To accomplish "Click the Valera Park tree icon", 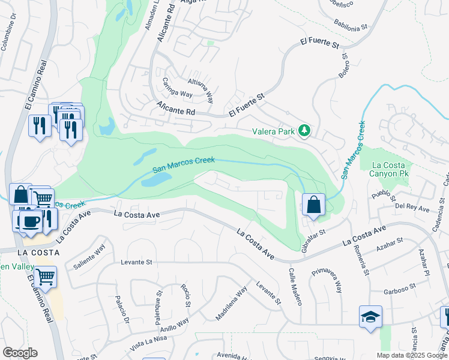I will [x=305, y=130].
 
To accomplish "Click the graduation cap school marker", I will [x=370, y=316].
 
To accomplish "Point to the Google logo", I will [x=20, y=353].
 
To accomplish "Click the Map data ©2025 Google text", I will [x=412, y=355].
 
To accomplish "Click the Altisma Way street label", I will [x=200, y=88].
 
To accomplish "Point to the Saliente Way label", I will [x=89, y=257].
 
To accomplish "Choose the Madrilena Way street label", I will [x=231, y=304].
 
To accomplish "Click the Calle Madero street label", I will [x=293, y=286].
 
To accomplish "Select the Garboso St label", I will [x=400, y=290].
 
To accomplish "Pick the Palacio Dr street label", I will [x=122, y=308].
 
